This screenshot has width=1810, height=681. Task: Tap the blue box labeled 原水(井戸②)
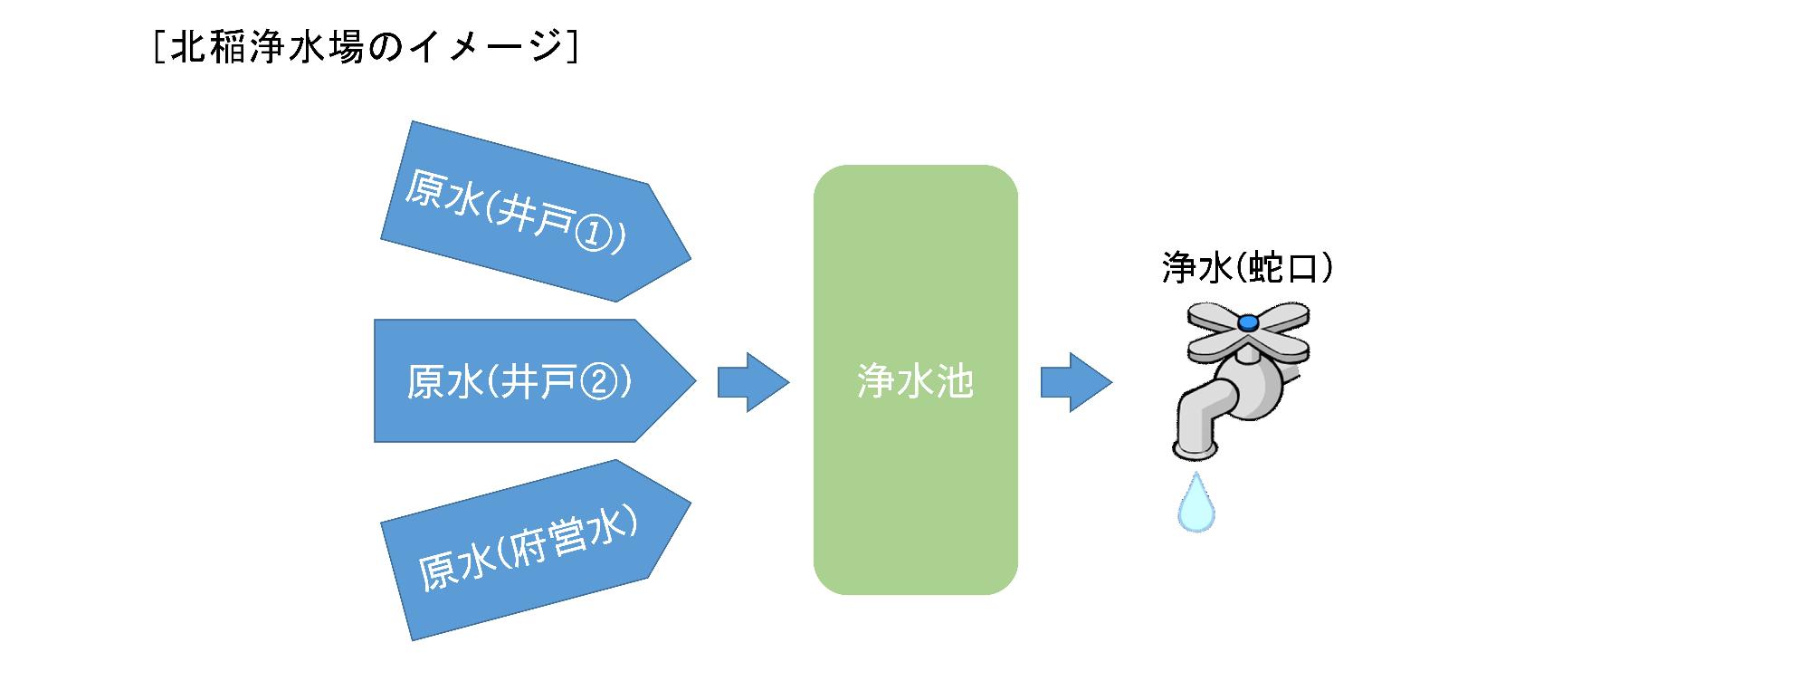[x=534, y=381]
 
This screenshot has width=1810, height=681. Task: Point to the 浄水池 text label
[x=915, y=382]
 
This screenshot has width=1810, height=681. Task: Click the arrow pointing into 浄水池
[x=753, y=382]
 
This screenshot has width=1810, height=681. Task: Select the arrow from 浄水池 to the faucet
[x=1075, y=382]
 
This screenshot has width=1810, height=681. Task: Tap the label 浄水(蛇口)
[x=1247, y=268]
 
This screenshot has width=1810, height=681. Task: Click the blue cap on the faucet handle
[x=1248, y=321]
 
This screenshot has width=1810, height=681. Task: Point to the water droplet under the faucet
[x=1196, y=504]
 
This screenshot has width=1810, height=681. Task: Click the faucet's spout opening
[x=1195, y=449]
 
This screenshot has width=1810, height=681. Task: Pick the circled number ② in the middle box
[x=594, y=382]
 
